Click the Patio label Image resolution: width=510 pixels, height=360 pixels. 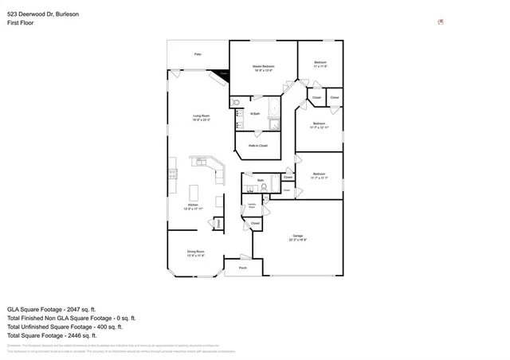(x=198, y=54)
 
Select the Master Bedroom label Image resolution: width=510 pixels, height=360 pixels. (x=263, y=68)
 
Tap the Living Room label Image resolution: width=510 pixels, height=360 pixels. (x=201, y=118)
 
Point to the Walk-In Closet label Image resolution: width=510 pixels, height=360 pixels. (x=257, y=146)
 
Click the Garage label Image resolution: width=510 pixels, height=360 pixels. (x=298, y=237)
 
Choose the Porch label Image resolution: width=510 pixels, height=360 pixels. (x=242, y=268)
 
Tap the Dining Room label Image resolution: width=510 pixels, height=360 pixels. (x=196, y=253)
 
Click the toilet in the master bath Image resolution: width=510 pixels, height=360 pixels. (x=235, y=104)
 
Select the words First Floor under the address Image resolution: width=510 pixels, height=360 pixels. (x=19, y=23)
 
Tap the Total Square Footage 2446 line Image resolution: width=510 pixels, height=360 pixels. (x=52, y=335)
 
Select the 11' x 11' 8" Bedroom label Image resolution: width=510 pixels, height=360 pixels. (x=320, y=64)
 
